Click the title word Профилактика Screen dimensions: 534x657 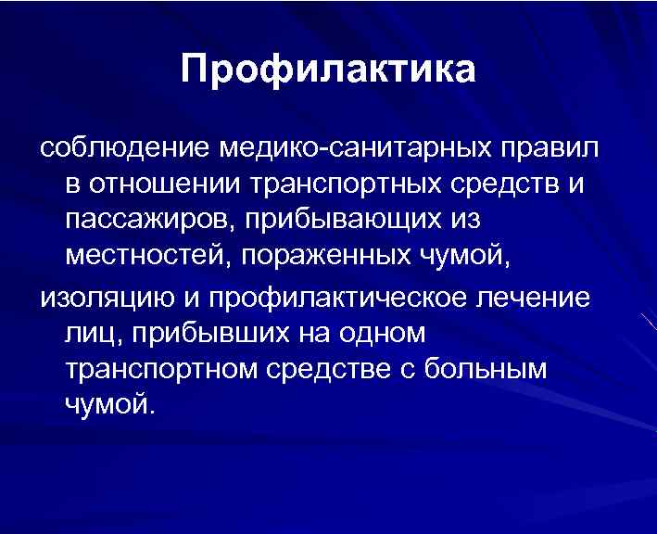tap(329, 70)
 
